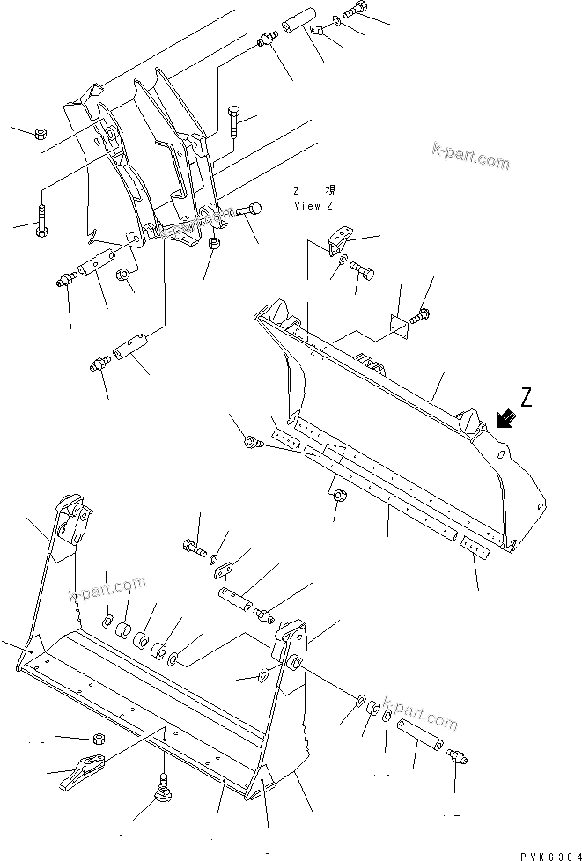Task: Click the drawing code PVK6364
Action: [x=545, y=851]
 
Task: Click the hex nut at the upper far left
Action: [x=41, y=135]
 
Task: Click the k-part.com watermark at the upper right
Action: [x=470, y=155]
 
